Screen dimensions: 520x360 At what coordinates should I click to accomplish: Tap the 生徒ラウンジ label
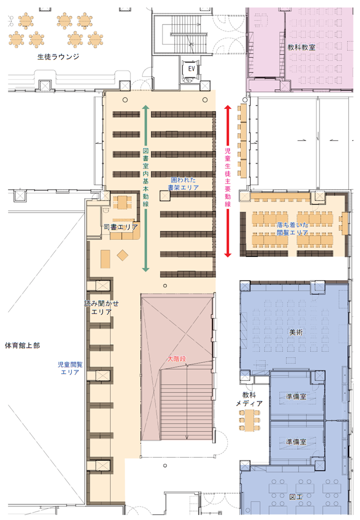point(58,57)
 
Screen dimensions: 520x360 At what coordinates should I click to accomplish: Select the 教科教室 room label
point(301,47)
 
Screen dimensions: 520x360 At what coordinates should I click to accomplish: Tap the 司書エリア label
point(120,227)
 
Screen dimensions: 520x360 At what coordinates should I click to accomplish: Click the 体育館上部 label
point(21,345)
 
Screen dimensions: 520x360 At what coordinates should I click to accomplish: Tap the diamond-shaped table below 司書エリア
point(122,255)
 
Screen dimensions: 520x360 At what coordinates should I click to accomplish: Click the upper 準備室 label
point(296,395)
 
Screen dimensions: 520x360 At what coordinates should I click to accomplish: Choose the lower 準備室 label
point(296,441)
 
